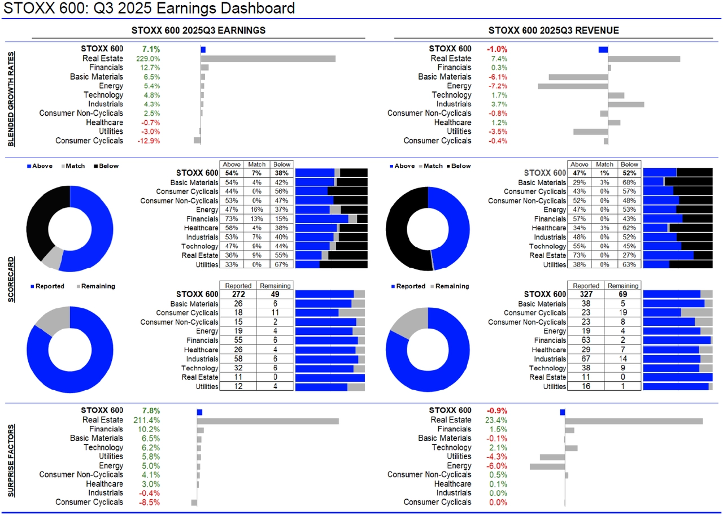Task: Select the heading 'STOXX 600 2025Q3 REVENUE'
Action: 554,30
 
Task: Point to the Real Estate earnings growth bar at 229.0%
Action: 268,59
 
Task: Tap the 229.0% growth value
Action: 148,59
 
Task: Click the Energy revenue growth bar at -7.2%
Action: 573,86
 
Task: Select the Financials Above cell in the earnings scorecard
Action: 231,219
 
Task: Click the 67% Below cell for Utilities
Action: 281,265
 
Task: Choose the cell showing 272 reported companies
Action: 238,294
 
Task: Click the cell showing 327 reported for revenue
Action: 586,294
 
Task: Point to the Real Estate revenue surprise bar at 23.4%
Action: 634,421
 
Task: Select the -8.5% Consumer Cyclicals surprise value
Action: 149,502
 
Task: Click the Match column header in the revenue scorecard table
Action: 604,164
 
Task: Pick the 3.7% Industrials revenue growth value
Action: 499,104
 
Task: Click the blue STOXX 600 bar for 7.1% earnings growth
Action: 203,50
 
